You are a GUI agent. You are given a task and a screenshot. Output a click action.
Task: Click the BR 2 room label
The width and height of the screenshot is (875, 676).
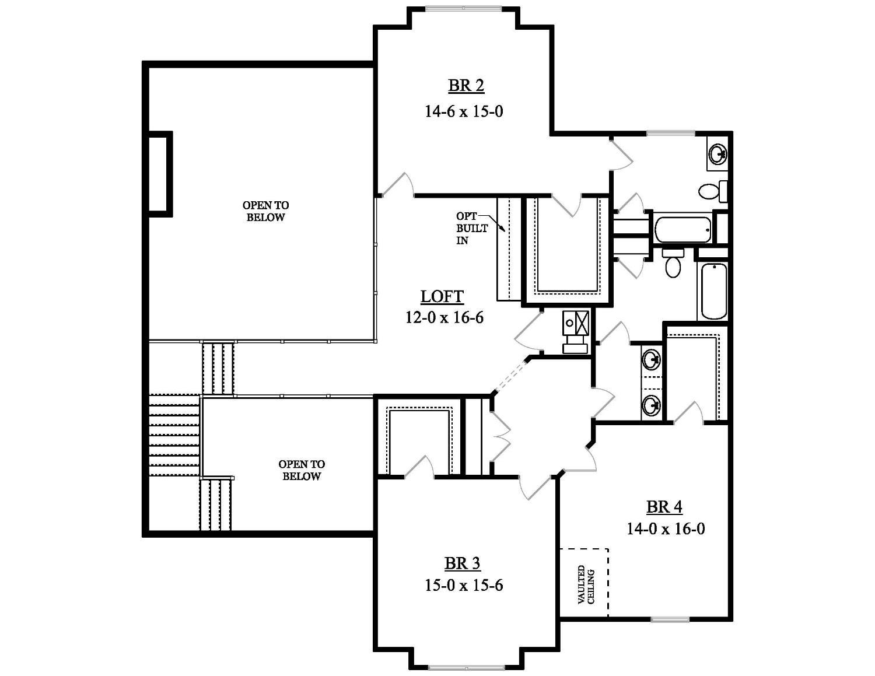click(466, 86)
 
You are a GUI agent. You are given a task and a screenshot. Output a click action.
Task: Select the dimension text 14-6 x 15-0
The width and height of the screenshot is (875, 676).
click(464, 111)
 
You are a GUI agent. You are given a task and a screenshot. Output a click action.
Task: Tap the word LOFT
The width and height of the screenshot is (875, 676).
click(442, 296)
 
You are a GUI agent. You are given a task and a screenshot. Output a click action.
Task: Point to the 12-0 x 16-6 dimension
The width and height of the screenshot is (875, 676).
click(444, 317)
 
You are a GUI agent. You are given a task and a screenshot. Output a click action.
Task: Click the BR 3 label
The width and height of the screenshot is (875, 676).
click(463, 563)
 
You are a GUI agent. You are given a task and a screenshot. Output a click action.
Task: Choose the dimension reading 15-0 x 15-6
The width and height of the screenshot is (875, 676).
click(464, 585)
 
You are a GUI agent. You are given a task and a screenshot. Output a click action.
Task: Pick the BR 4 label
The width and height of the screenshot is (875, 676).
click(664, 507)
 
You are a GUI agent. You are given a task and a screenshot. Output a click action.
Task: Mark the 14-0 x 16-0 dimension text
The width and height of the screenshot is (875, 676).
click(666, 529)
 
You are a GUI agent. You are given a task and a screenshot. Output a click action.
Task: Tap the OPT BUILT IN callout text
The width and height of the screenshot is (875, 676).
click(467, 228)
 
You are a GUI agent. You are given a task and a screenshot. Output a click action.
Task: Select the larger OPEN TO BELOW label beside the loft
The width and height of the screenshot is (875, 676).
click(265, 211)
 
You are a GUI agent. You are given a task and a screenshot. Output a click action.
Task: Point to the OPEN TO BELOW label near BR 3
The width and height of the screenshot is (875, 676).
click(302, 470)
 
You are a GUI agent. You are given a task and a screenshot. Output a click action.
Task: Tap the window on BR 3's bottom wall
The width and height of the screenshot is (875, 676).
click(467, 667)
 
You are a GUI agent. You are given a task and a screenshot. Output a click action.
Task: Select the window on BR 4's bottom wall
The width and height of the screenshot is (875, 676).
click(670, 619)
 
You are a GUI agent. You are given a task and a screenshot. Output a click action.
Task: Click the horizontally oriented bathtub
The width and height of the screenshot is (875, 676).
click(682, 229)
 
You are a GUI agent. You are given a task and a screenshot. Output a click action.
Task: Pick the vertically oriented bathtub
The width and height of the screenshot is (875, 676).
click(713, 291)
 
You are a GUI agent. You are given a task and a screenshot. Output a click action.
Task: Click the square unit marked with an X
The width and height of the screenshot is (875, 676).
click(582, 323)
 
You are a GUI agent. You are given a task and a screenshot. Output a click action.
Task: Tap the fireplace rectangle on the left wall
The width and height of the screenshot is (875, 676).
click(159, 174)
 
